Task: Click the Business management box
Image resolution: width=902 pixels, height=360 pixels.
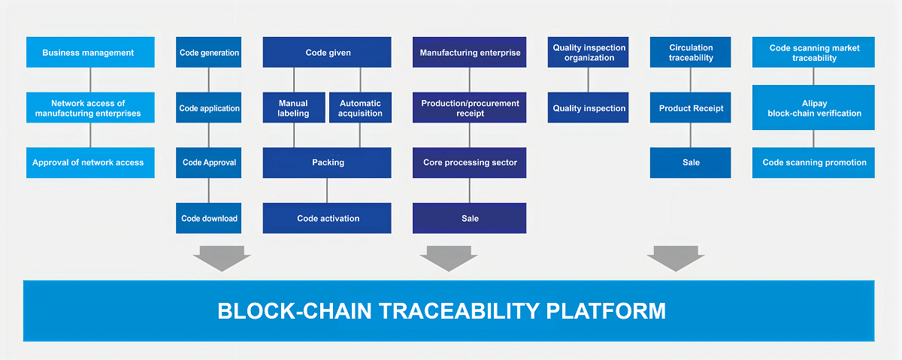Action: coord(90,53)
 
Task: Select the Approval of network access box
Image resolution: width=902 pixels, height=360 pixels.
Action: coord(90,162)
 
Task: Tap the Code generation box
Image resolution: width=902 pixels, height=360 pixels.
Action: coord(209,53)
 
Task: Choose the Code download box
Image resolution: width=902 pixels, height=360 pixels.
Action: coord(209,218)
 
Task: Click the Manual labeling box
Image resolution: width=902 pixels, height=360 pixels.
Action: coord(294,107)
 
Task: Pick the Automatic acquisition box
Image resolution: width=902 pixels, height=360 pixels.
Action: coord(360,107)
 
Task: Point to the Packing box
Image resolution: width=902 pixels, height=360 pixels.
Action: coord(327,162)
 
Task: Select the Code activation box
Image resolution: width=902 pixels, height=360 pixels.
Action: coord(327,218)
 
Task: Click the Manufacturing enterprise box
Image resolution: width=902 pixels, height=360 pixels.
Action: coord(470,53)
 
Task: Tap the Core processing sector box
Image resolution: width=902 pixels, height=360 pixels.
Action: coord(470,162)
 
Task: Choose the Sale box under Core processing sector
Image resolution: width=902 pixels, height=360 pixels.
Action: coord(470,218)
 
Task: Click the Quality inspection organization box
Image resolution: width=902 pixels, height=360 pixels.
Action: coord(588,53)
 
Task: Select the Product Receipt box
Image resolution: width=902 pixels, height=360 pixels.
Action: coord(690,107)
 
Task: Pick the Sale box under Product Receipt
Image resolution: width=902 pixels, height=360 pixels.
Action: coord(690,162)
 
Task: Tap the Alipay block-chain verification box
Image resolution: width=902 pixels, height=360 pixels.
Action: coord(813,107)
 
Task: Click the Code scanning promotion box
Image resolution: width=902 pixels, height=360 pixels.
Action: coord(813,162)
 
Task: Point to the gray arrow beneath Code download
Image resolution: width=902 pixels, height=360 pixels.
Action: coord(222,259)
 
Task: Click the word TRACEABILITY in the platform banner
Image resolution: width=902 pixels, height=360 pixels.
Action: coord(459,311)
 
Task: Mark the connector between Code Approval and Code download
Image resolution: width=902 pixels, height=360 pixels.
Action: coord(209,190)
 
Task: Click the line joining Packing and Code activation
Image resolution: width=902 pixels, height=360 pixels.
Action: coord(327,190)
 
